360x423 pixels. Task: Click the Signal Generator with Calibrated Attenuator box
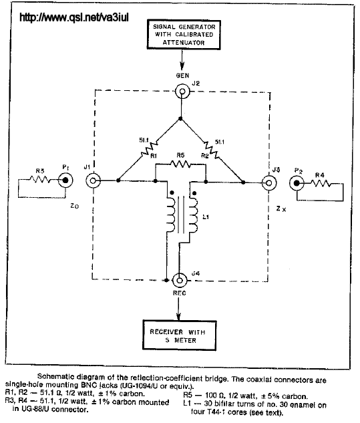click(x=184, y=35)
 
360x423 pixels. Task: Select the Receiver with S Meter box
click(x=180, y=335)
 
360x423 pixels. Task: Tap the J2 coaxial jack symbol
click(x=182, y=92)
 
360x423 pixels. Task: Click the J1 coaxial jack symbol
click(x=93, y=180)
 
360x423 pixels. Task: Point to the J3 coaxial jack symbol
click(x=269, y=183)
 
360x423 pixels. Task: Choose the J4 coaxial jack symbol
click(x=179, y=281)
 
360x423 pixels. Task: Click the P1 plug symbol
click(x=65, y=180)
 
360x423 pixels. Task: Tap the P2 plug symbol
click(x=297, y=184)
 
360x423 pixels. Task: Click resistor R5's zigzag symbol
click(x=181, y=164)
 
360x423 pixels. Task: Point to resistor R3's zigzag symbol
click(x=39, y=179)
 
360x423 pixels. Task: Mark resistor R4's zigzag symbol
click(x=321, y=184)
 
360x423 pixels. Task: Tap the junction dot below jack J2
click(x=181, y=119)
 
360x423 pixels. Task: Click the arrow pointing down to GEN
click(x=182, y=59)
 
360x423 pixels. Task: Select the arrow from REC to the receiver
click(x=178, y=309)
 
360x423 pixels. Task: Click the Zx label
click(x=281, y=208)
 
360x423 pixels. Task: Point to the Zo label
click(x=75, y=206)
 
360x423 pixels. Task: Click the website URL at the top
click(x=74, y=17)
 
